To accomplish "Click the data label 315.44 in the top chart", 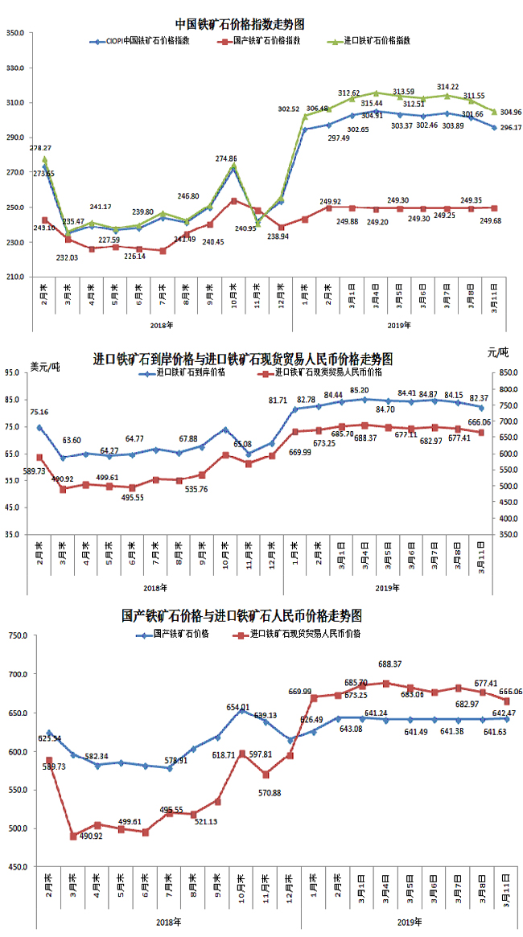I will coord(371,103).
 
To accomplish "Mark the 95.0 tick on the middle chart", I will coord(16,372).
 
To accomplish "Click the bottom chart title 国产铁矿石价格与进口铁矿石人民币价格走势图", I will coord(242,616).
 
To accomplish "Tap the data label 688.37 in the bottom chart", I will coord(389,664).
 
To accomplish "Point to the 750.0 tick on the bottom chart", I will coord(17,636).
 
